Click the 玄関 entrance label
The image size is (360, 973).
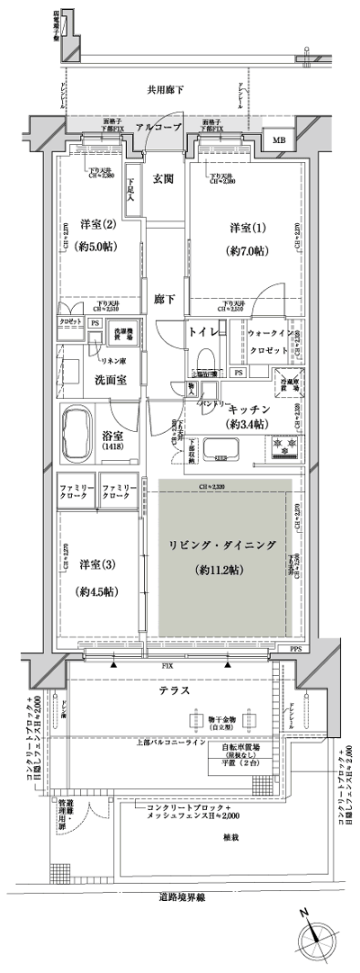[x=163, y=177]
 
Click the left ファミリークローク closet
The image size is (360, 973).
[x=76, y=491]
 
